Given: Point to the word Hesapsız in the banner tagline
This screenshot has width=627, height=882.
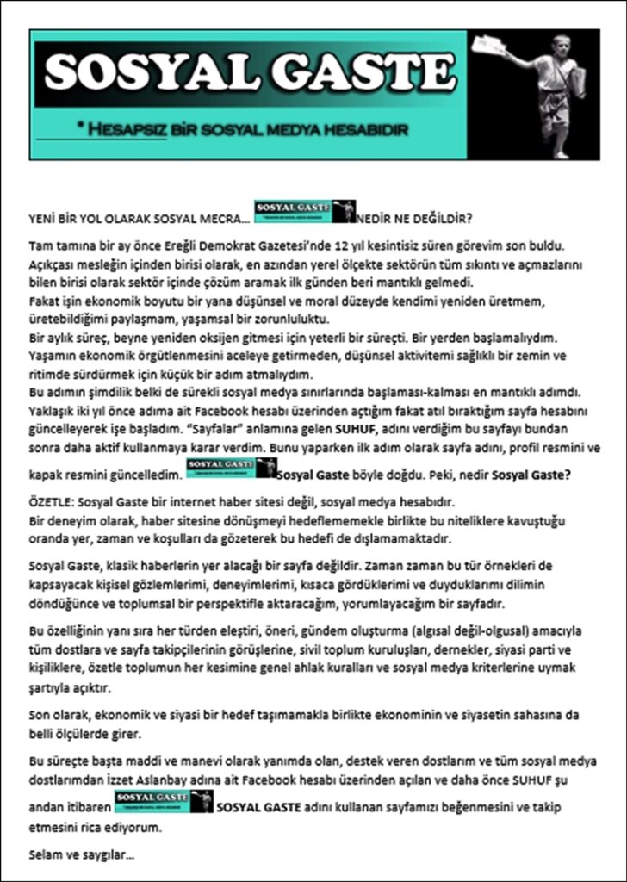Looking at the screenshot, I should tap(127, 129).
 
